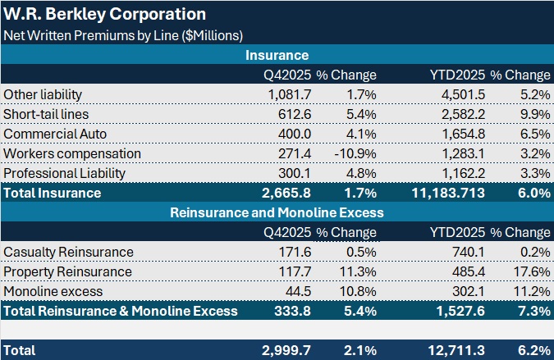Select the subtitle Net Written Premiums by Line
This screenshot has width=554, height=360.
pyautogui.click(x=122, y=35)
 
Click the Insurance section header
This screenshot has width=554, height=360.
pyautogui.click(x=277, y=55)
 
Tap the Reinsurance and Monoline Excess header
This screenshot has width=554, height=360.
pyautogui.click(x=277, y=212)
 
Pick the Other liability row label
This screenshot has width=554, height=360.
pyautogui.click(x=43, y=94)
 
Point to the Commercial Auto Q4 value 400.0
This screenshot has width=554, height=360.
pyautogui.click(x=295, y=134)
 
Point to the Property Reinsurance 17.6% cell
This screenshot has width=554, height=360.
pyautogui.click(x=529, y=271)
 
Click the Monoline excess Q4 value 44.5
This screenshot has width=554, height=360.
pyautogui.click(x=298, y=291)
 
